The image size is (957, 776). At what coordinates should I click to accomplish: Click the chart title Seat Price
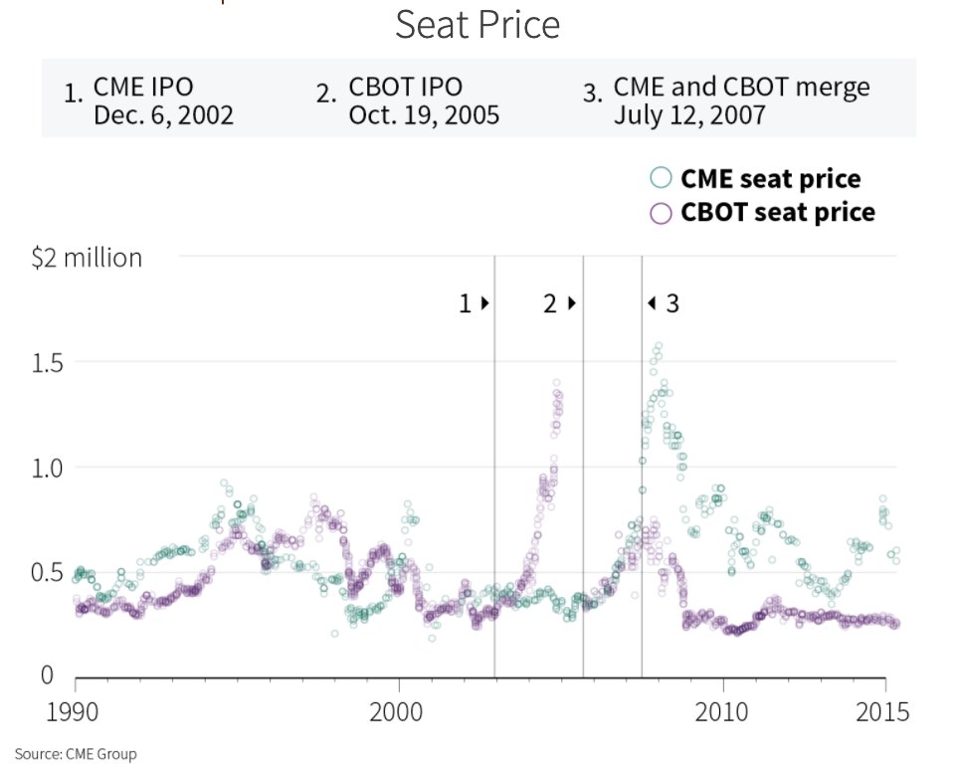pyautogui.click(x=478, y=25)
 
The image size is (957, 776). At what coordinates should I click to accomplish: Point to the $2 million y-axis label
pyautogui.click(x=87, y=258)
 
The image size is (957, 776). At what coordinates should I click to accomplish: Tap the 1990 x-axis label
pyautogui.click(x=76, y=712)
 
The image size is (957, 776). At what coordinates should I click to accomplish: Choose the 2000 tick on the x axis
pyautogui.click(x=399, y=712)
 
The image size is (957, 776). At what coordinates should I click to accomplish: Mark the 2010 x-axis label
pyautogui.click(x=723, y=712)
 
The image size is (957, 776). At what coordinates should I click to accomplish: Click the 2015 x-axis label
pyautogui.click(x=884, y=712)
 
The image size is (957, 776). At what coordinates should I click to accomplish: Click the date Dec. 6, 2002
pyautogui.click(x=163, y=115)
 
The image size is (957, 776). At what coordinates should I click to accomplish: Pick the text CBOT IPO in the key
pyautogui.click(x=405, y=87)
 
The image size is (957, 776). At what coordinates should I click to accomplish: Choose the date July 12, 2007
pyautogui.click(x=689, y=115)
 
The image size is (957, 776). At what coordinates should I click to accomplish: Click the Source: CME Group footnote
pyautogui.click(x=76, y=754)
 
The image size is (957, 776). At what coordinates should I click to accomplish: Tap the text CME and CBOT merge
pyautogui.click(x=741, y=87)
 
